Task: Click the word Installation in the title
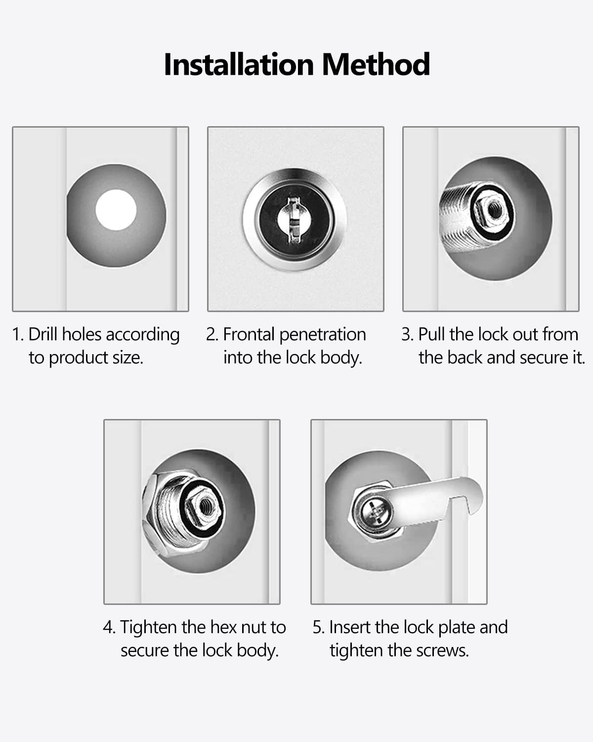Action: point(239,64)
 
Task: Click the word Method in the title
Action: point(376,64)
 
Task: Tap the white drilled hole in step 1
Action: point(116,210)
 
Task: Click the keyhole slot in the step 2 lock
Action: point(294,219)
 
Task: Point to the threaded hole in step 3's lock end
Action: point(494,210)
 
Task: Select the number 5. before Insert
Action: point(318,627)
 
